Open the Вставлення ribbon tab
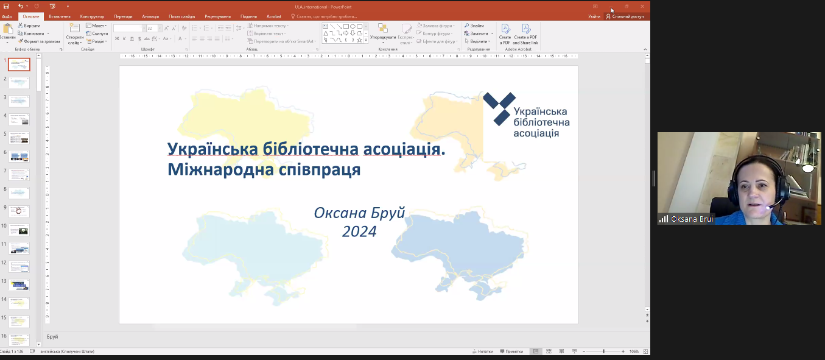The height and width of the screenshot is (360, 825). point(60,16)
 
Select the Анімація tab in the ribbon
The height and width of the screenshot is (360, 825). point(150,16)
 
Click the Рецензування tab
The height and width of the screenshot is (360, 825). point(217,16)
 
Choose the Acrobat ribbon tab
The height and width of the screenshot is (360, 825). point(274,16)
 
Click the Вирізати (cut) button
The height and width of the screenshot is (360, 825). point(29,26)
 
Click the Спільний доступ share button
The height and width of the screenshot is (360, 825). point(625,16)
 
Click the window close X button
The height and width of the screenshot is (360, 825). point(642,6)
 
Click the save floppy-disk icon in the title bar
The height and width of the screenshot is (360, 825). point(6,6)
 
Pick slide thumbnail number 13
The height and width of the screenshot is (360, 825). point(19,284)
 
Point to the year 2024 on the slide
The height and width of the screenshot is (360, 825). point(359,231)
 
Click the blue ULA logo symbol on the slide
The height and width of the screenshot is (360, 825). point(499,108)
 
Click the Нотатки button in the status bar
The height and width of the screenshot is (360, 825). point(483,351)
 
